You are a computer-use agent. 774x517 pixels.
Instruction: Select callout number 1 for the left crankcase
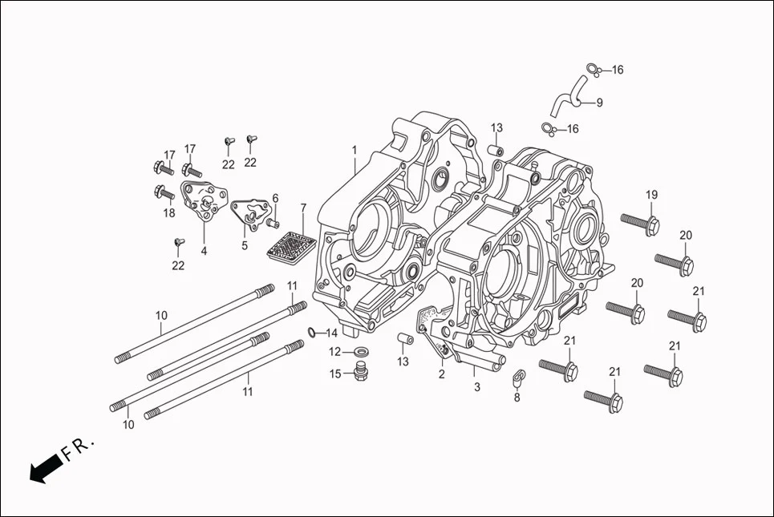354,150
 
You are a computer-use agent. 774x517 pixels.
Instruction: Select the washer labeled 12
361,351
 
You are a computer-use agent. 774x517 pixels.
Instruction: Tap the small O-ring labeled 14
310,333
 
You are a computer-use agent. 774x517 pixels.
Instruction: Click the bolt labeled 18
164,192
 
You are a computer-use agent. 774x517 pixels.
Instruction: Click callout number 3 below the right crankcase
477,387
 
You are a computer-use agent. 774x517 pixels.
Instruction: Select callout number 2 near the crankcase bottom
441,374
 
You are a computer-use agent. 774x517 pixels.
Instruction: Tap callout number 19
651,195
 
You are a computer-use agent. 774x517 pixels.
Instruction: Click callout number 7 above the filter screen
303,208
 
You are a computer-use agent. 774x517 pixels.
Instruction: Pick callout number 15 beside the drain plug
335,374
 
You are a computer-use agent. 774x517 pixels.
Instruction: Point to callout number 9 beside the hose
599,103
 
